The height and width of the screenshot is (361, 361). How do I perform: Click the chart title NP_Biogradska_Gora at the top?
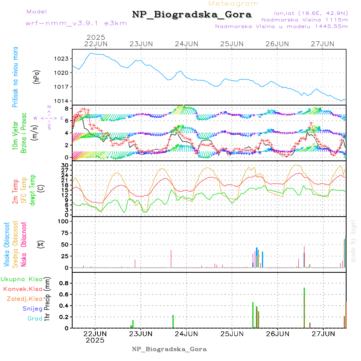pos(192,15)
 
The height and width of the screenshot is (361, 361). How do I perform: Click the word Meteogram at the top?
pos(234,4)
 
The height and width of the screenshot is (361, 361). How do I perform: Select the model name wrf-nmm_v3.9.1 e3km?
pos(76,23)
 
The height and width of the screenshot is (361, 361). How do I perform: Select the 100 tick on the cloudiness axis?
pos(64,221)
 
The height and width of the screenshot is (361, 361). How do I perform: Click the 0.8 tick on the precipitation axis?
pos(64,283)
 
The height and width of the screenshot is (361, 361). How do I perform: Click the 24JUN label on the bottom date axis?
pos(186,333)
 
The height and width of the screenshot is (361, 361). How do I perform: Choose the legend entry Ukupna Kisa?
pos(22,279)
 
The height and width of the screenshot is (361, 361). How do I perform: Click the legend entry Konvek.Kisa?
pos(23,289)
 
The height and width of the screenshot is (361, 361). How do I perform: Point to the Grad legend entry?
pos(35,318)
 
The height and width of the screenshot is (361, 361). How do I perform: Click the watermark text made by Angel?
pos(353,241)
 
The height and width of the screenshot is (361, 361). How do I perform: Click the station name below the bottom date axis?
pos(169,349)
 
